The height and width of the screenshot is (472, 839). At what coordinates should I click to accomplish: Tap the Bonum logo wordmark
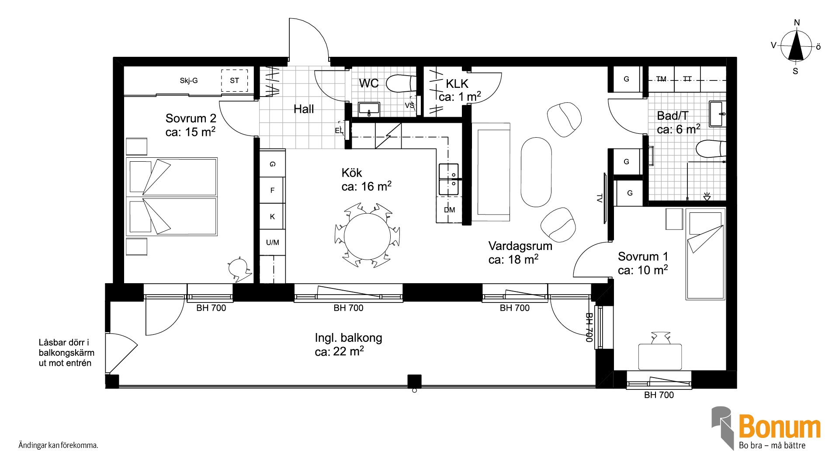point(779,427)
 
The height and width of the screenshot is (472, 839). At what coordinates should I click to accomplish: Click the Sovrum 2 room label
point(191,118)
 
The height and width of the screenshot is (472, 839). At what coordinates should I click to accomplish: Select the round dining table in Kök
point(367,236)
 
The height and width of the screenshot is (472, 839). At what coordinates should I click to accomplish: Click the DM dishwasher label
point(449,210)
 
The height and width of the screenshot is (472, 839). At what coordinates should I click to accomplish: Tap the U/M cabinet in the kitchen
point(272,243)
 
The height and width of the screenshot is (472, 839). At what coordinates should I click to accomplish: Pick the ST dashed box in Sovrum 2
point(235,80)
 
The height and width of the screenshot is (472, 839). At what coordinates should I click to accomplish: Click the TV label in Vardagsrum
point(600,198)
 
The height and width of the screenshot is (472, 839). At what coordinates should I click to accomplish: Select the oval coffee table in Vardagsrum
point(536,172)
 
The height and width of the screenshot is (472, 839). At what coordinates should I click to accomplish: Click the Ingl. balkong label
point(348,338)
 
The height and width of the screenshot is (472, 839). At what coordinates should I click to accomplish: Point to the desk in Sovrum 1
point(660,357)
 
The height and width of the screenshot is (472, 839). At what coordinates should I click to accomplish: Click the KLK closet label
point(457,83)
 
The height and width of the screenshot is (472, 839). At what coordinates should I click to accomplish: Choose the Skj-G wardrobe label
point(189,80)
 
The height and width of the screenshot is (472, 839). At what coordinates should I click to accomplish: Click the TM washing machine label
point(661,79)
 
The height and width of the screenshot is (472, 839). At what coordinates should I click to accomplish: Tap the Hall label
point(304,109)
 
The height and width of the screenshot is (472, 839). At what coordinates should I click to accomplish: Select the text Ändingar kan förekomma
point(58,446)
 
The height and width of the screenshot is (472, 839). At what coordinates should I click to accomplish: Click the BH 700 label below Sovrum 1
point(659,395)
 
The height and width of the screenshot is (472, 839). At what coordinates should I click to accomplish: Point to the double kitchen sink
point(449,180)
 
